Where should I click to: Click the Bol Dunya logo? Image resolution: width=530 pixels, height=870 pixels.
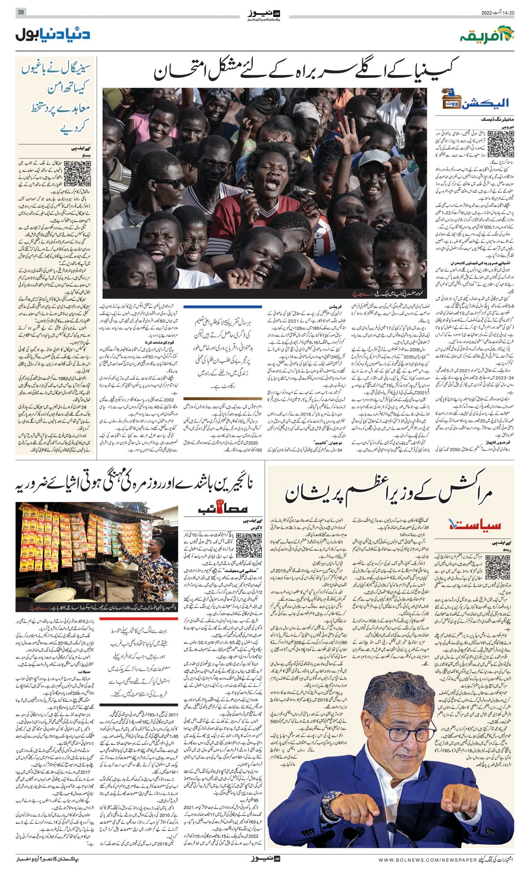point(53,34)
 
